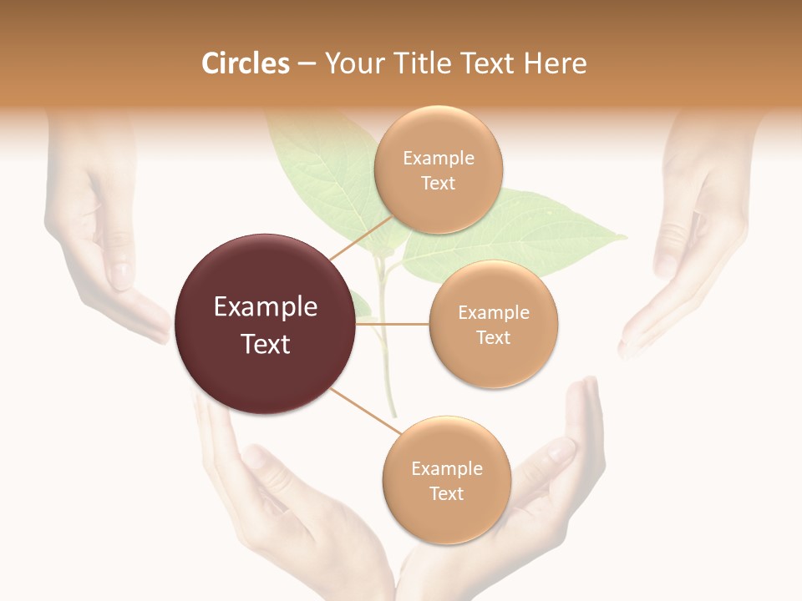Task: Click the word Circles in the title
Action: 245,63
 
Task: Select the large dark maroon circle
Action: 265,324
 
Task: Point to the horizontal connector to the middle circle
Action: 393,324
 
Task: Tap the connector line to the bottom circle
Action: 365,412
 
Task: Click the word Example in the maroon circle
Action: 265,307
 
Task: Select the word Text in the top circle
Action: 438,184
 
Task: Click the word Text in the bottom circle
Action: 446,494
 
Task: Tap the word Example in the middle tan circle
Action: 493,313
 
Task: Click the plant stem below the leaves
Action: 386,376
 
